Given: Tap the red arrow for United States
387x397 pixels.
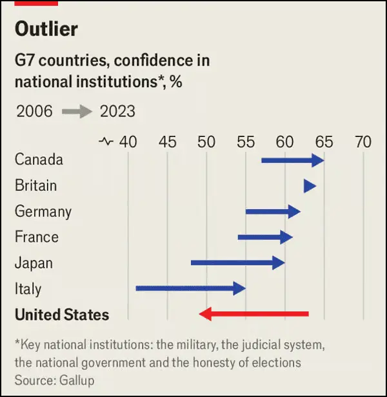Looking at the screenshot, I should [x=254, y=314].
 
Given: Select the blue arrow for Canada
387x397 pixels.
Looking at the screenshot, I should [x=292, y=160].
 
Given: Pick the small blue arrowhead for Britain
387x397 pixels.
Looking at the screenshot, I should [x=310, y=186].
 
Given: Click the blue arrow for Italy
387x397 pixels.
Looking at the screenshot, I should [x=191, y=288].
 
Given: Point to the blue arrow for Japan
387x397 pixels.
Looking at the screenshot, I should [x=238, y=263].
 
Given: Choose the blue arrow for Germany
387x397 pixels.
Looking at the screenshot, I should [x=273, y=211].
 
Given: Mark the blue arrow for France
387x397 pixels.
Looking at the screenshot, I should [x=265, y=237].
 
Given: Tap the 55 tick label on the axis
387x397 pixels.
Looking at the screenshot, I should [x=246, y=142].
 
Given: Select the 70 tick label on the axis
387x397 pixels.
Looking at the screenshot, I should [x=363, y=142].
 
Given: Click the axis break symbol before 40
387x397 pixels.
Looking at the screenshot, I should [x=106, y=142].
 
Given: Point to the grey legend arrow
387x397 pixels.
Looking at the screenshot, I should [x=76, y=111].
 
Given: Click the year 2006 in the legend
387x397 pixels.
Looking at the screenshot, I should [x=34, y=111].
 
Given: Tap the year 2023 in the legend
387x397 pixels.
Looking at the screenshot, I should [x=117, y=111].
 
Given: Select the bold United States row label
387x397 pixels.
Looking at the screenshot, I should [x=62, y=315].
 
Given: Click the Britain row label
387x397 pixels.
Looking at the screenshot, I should [x=36, y=186].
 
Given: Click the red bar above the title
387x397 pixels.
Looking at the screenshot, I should [x=36, y=3].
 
